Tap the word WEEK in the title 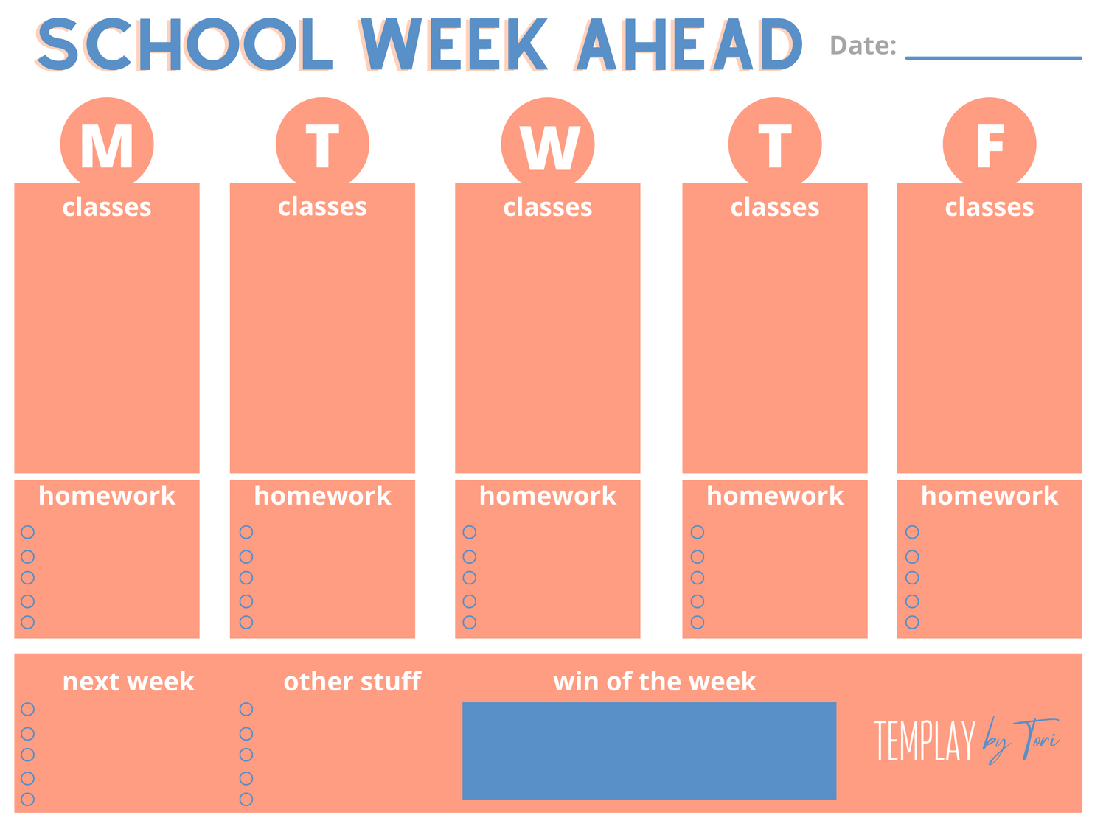tap(453, 44)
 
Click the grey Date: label tap(863, 46)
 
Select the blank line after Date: tap(994, 58)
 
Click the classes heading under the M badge tap(107, 207)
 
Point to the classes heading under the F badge tap(989, 207)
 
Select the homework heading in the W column tap(548, 495)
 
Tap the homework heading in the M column tap(107, 495)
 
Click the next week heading tap(128, 682)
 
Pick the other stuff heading tap(352, 682)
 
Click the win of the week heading tap(655, 682)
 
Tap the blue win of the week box tap(649, 750)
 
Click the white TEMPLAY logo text tap(925, 740)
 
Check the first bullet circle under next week tap(28, 709)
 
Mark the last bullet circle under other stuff tap(246, 799)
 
